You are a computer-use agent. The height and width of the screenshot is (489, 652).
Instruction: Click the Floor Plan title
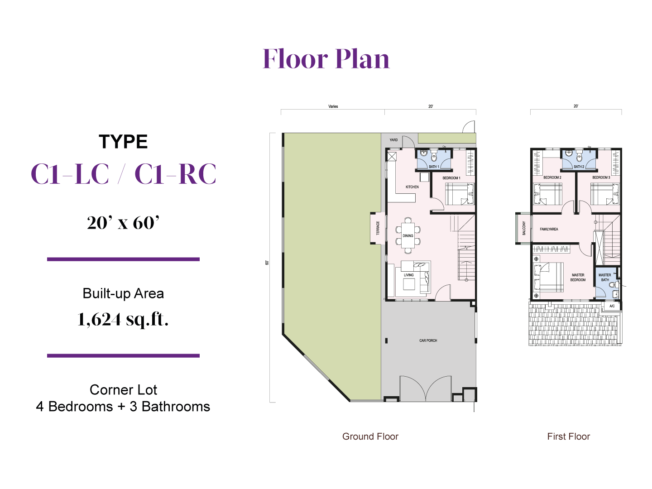[326, 59]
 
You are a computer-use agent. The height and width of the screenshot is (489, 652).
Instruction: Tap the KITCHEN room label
[412, 187]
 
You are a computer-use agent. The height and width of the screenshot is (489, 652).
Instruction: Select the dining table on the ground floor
[408, 235]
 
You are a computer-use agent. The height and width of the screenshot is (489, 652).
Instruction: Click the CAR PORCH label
[428, 340]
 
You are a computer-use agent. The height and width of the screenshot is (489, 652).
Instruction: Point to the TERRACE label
[378, 228]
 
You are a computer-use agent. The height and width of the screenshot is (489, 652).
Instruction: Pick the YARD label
[393, 140]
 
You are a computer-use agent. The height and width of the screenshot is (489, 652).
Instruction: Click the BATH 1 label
[434, 167]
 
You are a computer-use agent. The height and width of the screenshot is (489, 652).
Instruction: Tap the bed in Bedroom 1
[460, 194]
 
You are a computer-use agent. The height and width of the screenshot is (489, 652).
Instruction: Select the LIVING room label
[408, 275]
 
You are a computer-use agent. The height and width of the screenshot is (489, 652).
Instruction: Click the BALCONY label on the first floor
[524, 228]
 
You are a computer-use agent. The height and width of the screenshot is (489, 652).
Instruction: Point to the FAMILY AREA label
[549, 229]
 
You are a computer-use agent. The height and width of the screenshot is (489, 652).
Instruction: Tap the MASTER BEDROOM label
[578, 277]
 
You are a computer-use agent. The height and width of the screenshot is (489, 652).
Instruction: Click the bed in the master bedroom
[548, 277]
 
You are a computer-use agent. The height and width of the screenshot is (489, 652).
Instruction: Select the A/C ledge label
[612, 306]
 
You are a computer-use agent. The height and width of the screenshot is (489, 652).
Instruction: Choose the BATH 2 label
[579, 167]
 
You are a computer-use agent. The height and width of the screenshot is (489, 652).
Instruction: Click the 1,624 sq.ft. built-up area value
[123, 320]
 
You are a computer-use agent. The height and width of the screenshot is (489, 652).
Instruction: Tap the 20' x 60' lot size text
[123, 223]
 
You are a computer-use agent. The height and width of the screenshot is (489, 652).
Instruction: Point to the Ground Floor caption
[370, 436]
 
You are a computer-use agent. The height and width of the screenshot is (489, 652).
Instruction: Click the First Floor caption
[569, 436]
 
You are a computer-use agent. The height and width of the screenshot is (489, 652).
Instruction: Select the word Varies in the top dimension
[333, 106]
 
